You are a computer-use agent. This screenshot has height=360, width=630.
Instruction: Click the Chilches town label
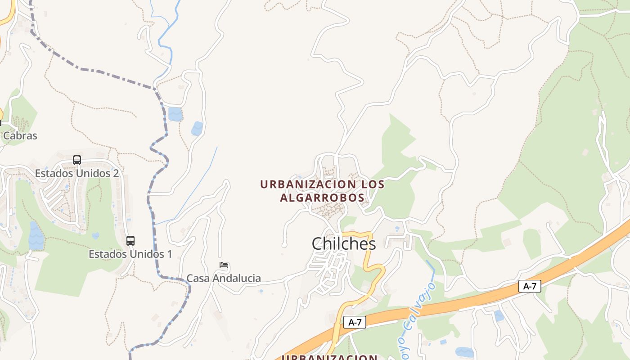pos(344,243)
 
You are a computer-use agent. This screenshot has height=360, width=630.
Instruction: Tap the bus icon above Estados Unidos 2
pos(77,160)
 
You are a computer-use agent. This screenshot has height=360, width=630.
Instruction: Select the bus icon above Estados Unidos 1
pos(130,240)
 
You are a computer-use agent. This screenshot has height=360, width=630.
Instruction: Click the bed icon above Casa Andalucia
pos(224,265)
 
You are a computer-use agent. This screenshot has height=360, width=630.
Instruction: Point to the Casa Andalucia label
pos(224,278)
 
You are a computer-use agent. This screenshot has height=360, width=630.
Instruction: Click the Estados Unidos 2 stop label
pos(77,173)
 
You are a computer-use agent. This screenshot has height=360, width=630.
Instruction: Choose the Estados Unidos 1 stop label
pos(130,254)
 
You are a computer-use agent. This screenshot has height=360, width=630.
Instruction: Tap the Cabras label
pos(20,135)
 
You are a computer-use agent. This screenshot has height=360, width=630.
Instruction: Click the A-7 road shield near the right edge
pos(530,286)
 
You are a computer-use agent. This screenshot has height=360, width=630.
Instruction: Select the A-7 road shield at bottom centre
pos(355,322)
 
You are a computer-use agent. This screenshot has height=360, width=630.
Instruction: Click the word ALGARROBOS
pos(322,198)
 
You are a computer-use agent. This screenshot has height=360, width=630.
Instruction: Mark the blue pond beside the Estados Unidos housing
pos(36,236)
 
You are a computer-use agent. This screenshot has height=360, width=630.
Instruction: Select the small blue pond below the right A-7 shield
pos(499,315)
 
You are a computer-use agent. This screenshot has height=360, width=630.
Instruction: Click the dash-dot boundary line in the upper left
pos(90,70)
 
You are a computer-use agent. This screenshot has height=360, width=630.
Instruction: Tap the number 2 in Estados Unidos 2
pos(116,173)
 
